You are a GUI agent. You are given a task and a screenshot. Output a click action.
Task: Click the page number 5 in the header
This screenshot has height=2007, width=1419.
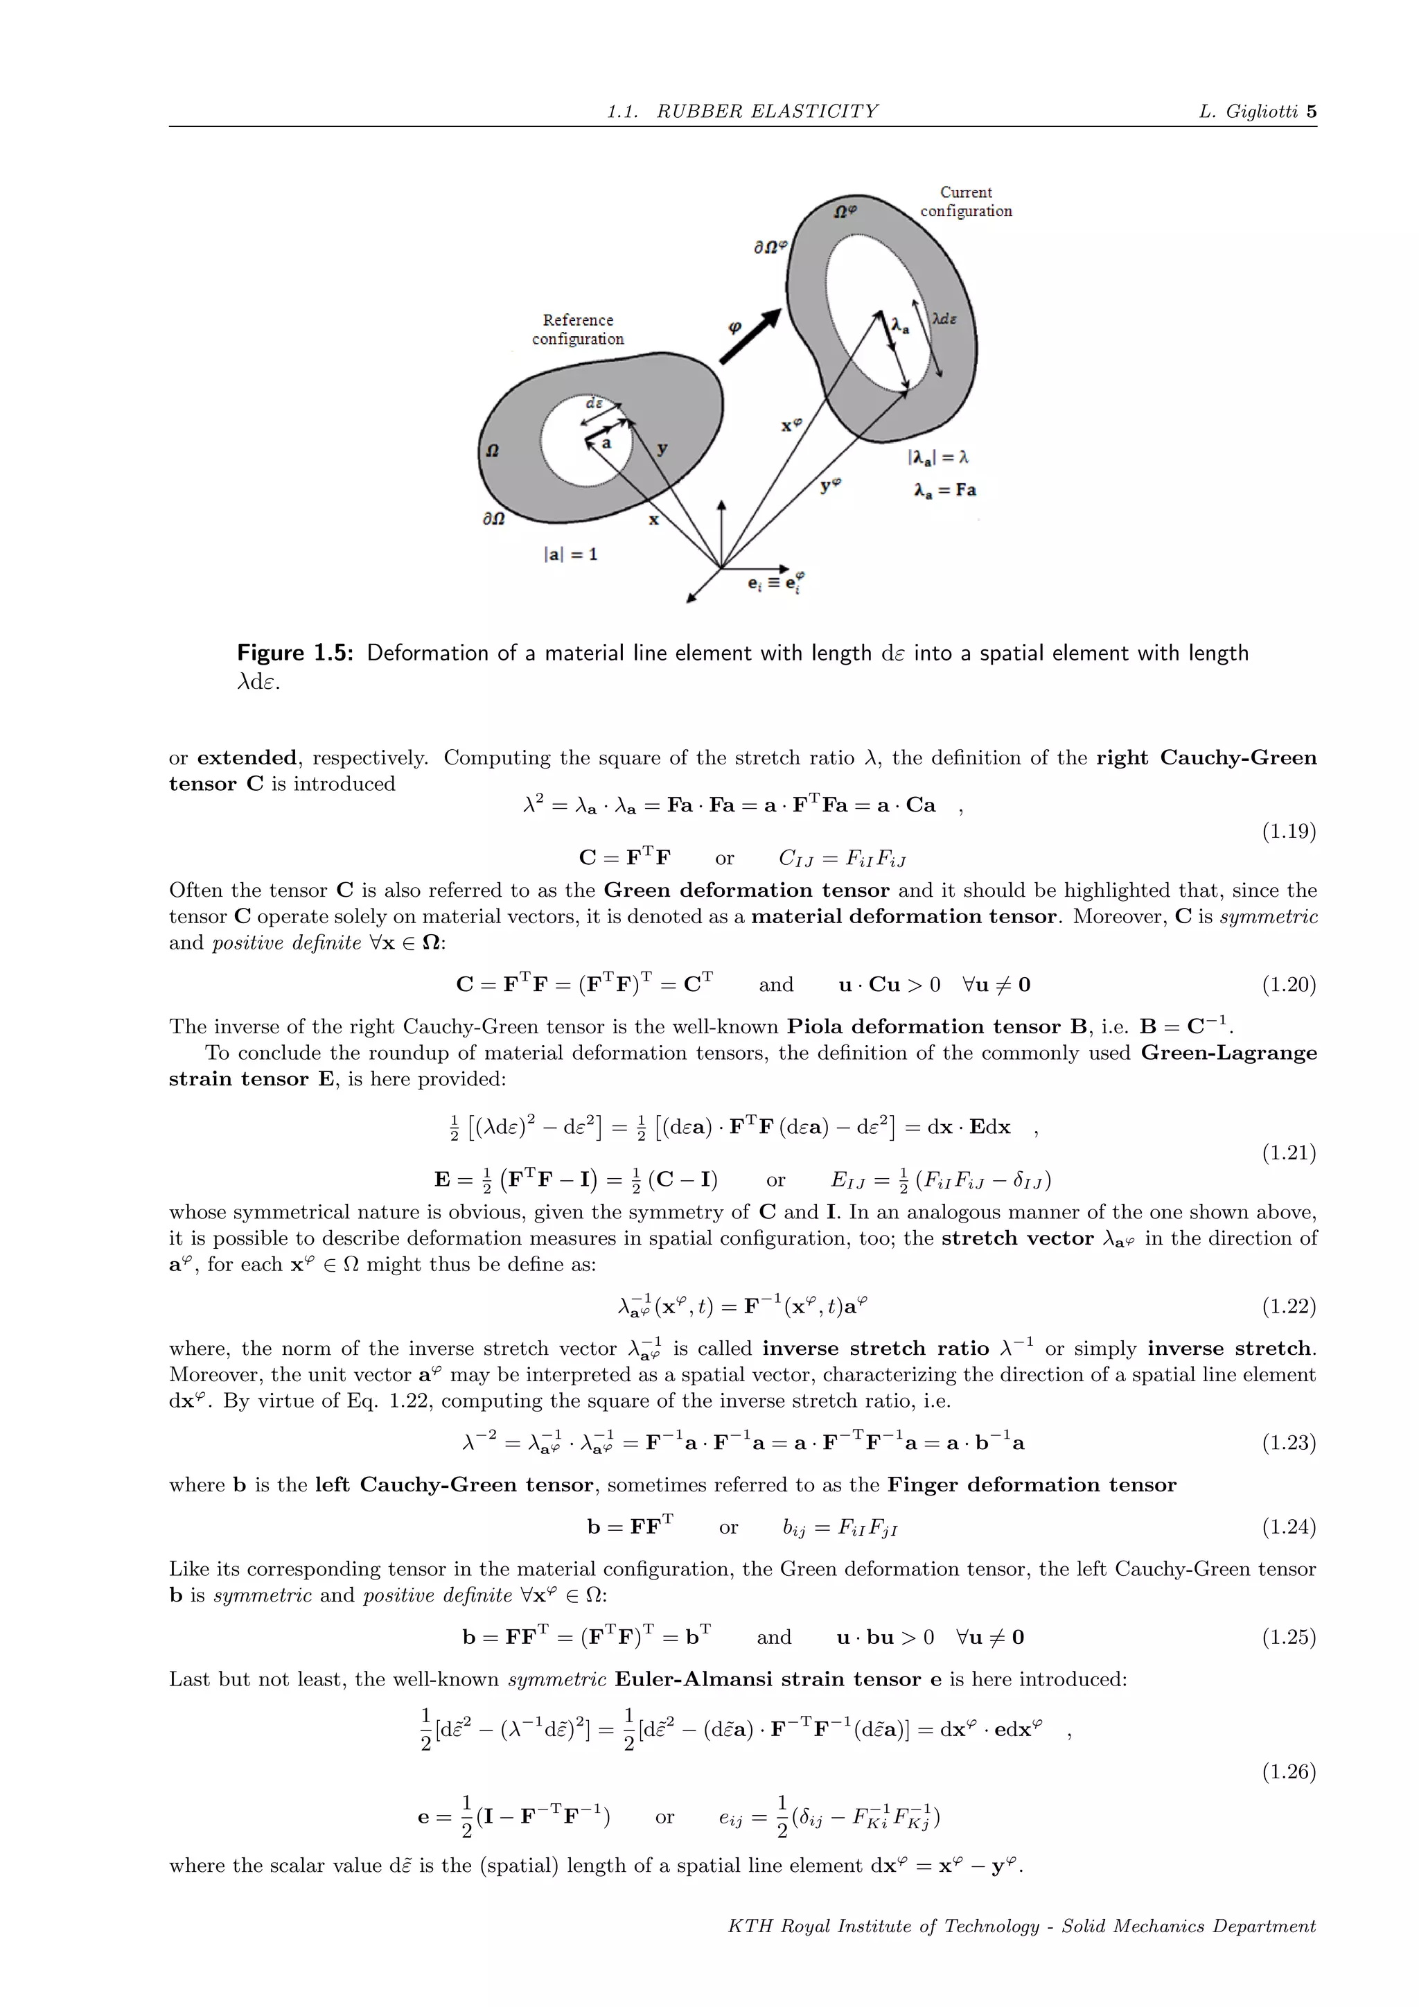pyautogui.click(x=1311, y=112)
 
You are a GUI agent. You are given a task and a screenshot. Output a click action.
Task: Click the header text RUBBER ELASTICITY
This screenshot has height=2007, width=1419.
pyautogui.click(x=767, y=112)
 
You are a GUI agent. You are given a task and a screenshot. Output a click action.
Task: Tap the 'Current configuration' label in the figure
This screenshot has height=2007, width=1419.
pyautogui.click(x=965, y=202)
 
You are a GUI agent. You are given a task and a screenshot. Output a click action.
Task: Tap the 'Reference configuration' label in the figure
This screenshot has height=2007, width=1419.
pyautogui.click(x=578, y=330)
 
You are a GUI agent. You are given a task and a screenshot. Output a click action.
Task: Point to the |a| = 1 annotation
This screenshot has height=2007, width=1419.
pyautogui.click(x=570, y=554)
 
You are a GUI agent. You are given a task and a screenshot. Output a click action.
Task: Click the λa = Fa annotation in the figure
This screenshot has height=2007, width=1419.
pyautogui.click(x=944, y=491)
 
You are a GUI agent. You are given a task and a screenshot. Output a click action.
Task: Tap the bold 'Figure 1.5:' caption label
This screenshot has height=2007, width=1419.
pyautogui.click(x=294, y=653)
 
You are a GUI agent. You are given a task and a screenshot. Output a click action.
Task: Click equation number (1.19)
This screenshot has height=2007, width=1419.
pyautogui.click(x=1288, y=832)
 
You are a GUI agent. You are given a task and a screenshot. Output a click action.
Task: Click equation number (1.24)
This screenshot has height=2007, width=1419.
pyautogui.click(x=1288, y=1527)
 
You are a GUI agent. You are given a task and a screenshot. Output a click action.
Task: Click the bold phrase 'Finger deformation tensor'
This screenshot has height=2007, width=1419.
pyautogui.click(x=1031, y=1485)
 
